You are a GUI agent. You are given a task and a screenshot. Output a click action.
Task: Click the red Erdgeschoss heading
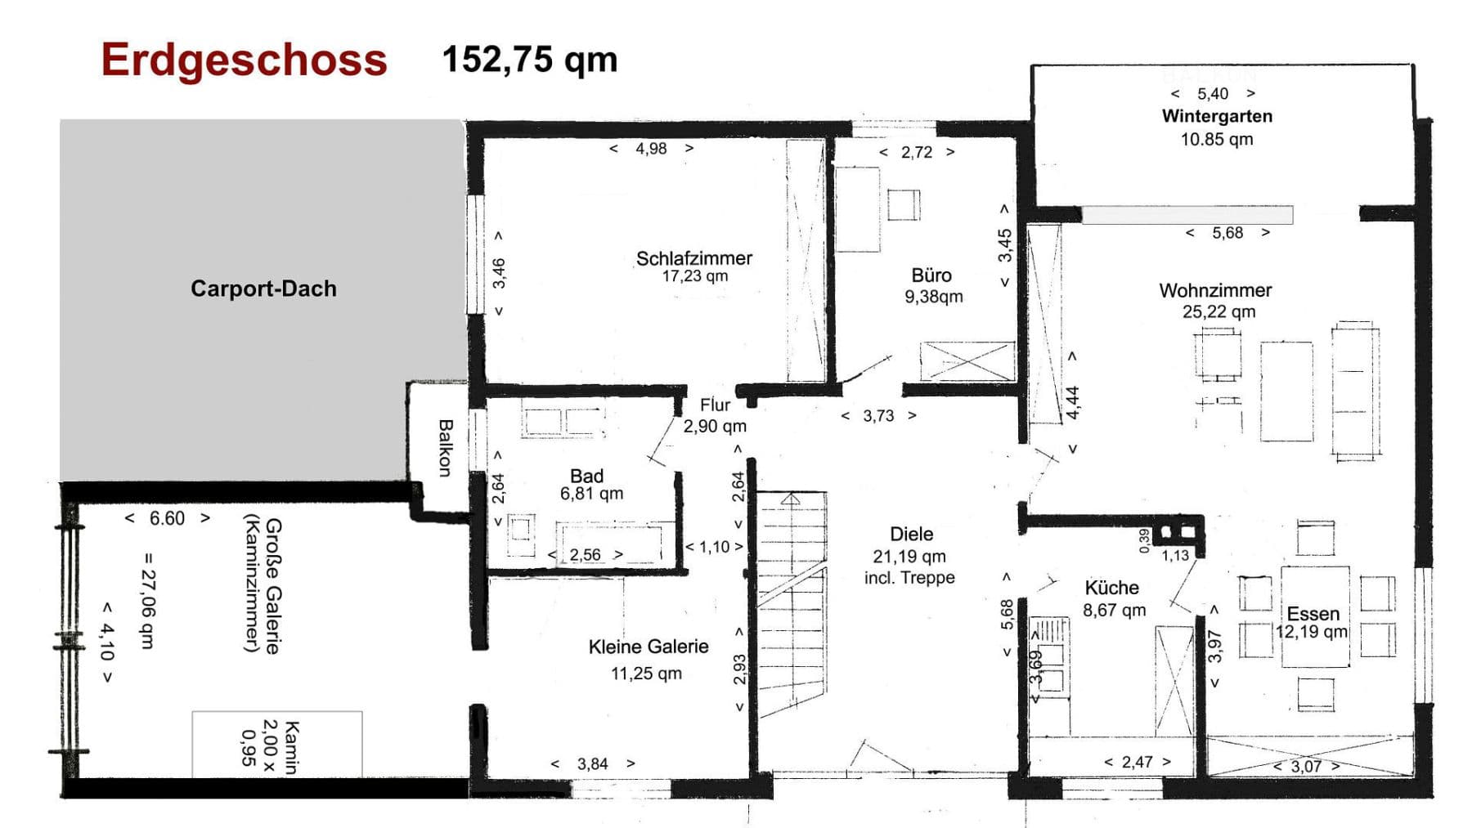244,60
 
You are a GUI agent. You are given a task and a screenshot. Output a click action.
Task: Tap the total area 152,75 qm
529,60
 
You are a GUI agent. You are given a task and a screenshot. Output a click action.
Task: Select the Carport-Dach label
263,289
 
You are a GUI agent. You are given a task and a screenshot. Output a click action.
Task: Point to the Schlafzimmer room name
693,258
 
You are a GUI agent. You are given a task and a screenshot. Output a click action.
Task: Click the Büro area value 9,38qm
933,297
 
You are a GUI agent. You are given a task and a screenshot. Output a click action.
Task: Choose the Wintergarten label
1216,116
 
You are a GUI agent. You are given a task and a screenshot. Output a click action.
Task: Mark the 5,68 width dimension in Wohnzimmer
1227,233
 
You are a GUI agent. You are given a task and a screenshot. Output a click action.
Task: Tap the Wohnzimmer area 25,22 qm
1218,311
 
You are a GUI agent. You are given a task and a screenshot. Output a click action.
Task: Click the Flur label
715,405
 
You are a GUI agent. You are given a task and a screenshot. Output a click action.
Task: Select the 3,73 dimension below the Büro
878,416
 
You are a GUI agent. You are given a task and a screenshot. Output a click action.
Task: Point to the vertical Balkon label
445,447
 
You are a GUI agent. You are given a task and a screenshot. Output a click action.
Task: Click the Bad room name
586,476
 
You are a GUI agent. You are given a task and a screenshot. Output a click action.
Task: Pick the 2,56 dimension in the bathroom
585,555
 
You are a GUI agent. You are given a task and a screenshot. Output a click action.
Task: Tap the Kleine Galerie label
648,647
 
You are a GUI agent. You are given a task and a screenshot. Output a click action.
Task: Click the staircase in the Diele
791,605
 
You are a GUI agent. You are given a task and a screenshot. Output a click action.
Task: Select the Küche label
1111,588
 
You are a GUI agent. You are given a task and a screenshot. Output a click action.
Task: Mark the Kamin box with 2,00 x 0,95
276,745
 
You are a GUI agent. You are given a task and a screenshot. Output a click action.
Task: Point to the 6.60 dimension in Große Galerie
167,518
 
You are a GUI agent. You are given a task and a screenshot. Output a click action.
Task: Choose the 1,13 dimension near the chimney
1175,556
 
